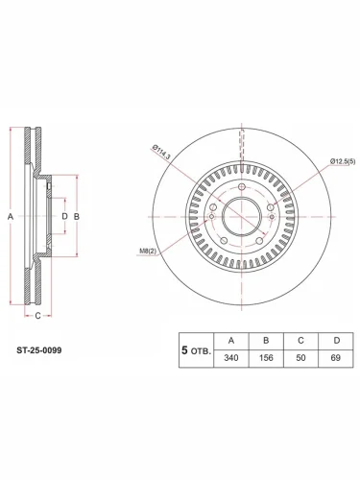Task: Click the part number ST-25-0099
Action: [39, 350]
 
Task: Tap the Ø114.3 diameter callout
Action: [161, 152]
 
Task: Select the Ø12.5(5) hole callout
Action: [343, 161]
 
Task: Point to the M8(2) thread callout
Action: [148, 252]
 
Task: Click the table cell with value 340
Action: [231, 358]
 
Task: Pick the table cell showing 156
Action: [266, 358]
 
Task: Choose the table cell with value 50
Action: [300, 358]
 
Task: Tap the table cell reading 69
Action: [336, 358]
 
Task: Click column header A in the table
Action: [231, 341]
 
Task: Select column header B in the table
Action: [266, 341]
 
